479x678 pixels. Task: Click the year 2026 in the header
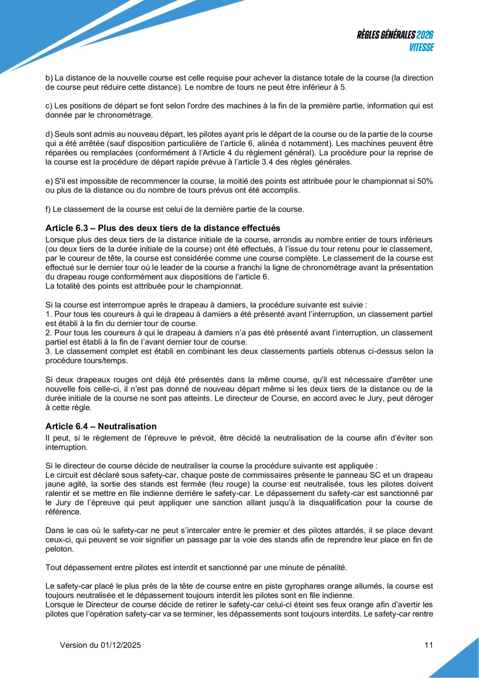pos(425,35)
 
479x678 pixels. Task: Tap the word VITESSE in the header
pos(421,47)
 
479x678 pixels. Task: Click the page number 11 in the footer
pos(428,645)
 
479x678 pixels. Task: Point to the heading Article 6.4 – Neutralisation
pos(101,427)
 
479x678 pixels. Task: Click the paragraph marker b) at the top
pos(49,78)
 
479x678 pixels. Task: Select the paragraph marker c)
pos(49,106)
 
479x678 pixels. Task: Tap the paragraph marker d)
pos(49,135)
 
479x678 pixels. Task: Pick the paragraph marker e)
pos(49,180)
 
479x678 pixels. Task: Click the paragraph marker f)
pos(48,210)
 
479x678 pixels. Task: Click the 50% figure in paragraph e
pos(424,180)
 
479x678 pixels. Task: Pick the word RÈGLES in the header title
pos(372,35)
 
